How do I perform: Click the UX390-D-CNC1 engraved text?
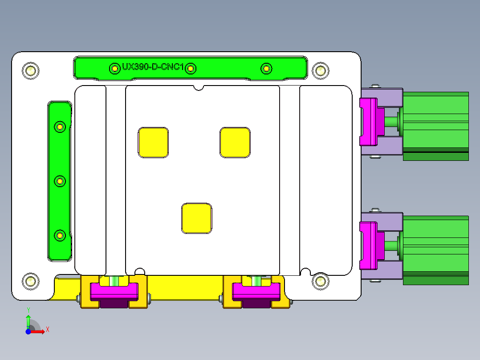point(153,67)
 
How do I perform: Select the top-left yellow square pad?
point(153,143)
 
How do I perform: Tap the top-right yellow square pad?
point(235,143)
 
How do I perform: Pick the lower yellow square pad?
point(197,218)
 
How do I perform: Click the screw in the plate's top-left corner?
point(30,70)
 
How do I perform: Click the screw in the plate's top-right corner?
point(320,70)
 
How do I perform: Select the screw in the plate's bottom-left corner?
point(30,281)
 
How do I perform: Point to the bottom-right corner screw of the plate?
point(320,281)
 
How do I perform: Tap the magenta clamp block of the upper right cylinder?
point(369,122)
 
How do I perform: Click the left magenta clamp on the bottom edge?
point(114,291)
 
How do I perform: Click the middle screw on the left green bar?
point(60,181)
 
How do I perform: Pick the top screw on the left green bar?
point(60,127)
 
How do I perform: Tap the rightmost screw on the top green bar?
point(266,68)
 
